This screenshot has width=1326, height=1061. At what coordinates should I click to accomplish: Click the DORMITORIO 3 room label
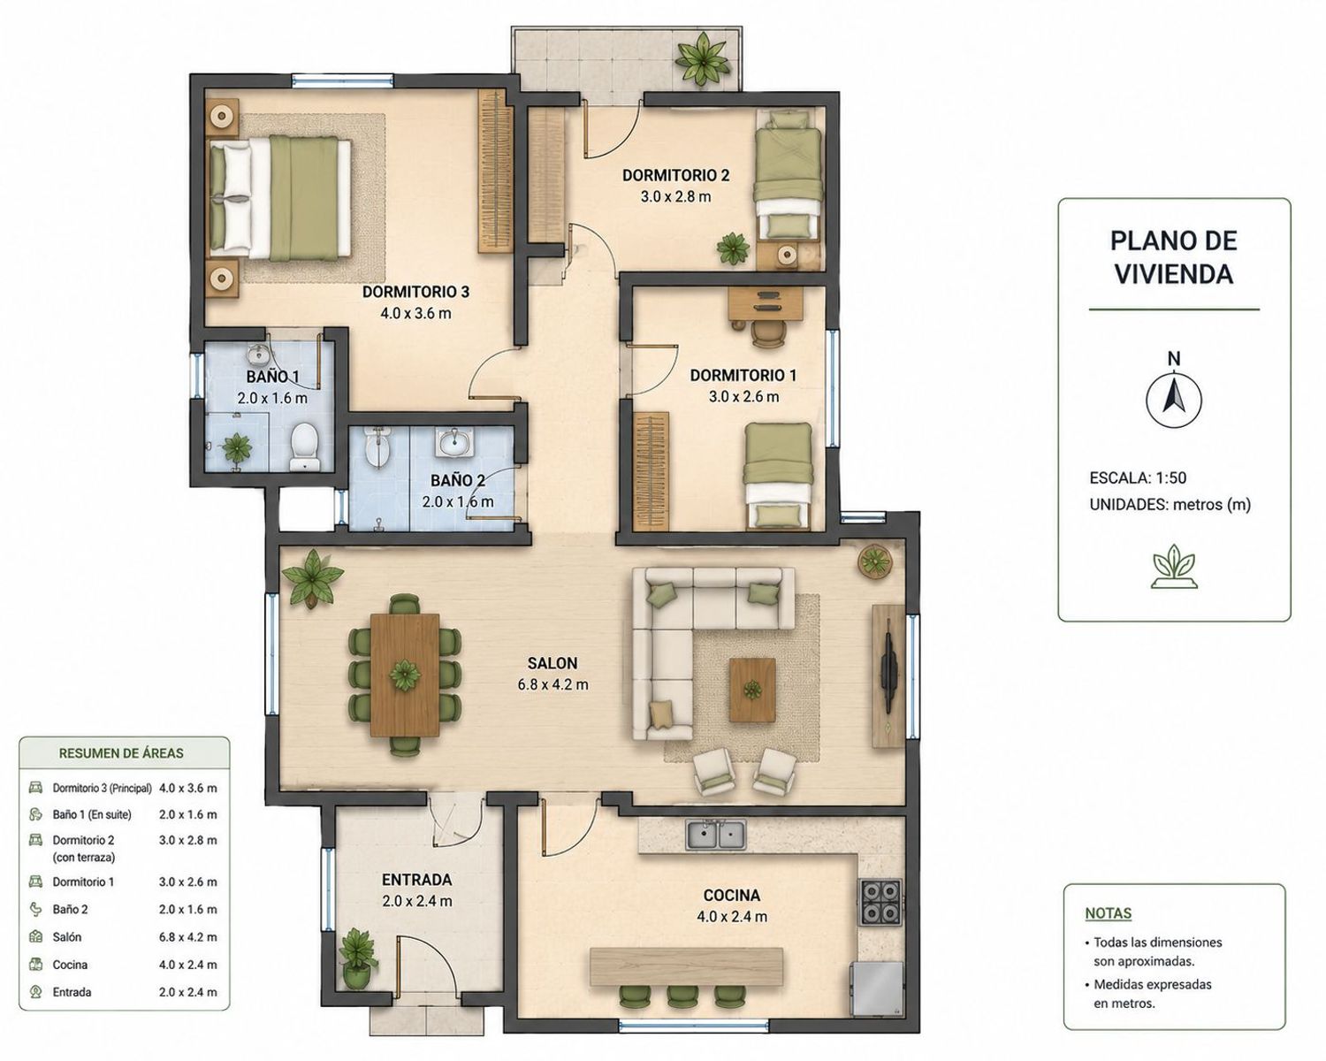415,292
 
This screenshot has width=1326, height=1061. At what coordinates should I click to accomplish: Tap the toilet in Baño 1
304,446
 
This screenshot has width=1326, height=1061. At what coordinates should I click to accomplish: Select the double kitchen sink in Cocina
715,835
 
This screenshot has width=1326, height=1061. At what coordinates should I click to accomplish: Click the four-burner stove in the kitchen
880,901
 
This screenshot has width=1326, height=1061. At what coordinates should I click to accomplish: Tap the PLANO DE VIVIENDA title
1174,257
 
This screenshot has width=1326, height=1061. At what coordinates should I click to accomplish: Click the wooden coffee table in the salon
751,690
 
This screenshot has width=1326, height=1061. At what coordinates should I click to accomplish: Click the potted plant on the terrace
703,60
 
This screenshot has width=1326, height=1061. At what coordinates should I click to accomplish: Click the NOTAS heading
1108,913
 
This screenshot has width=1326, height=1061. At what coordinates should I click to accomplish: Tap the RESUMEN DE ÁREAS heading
121,753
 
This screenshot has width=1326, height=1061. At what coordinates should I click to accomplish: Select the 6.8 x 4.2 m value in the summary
188,937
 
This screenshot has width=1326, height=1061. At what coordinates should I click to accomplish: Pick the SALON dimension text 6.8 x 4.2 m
552,684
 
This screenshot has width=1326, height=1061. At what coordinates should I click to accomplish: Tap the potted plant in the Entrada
357,958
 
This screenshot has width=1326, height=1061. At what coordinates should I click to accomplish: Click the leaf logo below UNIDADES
1175,567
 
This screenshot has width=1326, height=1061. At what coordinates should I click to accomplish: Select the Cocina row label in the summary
70,965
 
